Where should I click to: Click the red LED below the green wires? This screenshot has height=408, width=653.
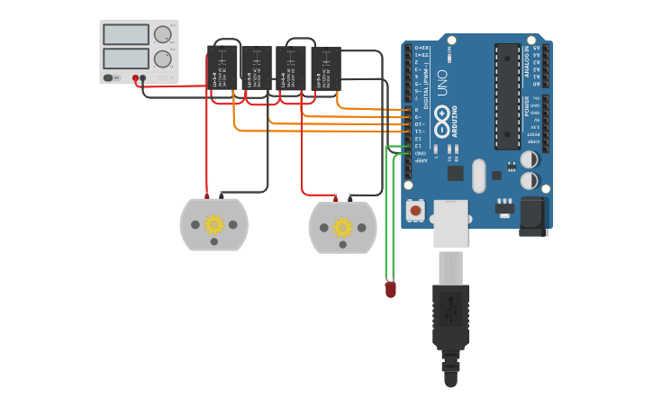390,290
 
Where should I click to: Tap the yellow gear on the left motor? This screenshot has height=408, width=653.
213,224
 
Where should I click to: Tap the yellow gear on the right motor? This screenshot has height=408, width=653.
342,228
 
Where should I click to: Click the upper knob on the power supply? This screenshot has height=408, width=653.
162,35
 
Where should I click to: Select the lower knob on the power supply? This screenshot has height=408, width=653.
162,59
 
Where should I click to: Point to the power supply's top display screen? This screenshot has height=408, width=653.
126,35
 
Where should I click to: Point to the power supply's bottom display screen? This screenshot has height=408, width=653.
126,59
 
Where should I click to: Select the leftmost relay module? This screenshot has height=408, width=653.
222,68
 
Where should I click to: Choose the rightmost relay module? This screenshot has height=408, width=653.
325,68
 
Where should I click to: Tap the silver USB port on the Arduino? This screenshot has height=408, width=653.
450,222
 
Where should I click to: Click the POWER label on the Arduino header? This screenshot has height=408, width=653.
528,107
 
